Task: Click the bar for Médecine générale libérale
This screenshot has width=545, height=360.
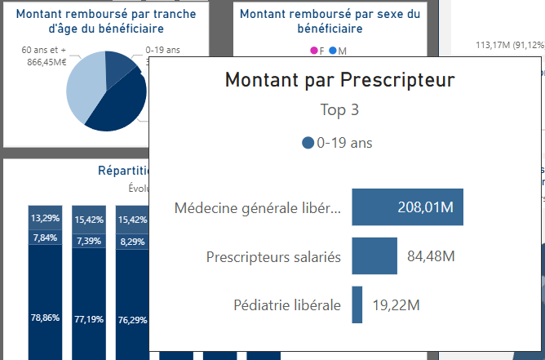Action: tap(407, 207)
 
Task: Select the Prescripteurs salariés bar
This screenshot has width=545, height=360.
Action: tap(374, 256)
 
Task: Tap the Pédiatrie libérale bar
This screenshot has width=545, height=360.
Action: tap(357, 304)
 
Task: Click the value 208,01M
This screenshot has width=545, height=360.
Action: tap(425, 207)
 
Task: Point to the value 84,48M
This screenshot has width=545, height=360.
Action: tap(431, 256)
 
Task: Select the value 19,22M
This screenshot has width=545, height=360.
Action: tap(395, 305)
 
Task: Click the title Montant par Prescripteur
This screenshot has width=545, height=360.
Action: tap(339, 80)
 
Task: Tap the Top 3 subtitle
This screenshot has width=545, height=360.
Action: tap(339, 109)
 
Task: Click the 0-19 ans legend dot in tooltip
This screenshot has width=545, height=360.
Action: tap(308, 143)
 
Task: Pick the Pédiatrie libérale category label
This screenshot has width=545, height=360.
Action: tap(286, 305)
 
